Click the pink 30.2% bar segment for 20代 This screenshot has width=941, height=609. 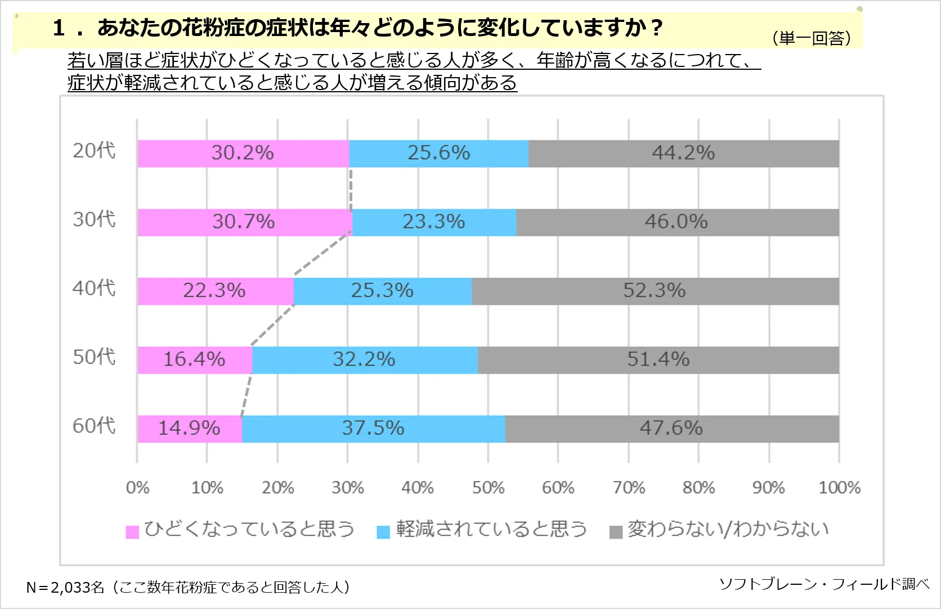(x=243, y=153)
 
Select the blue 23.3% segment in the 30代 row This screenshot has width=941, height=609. (x=434, y=222)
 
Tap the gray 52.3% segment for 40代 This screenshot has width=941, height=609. (x=655, y=291)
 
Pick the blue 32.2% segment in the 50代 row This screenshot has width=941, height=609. (x=364, y=360)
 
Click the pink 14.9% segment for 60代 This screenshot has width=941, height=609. (x=189, y=428)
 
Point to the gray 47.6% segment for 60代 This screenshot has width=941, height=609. (x=671, y=428)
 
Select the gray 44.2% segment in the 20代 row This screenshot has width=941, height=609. (x=683, y=153)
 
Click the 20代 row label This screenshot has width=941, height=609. (x=94, y=151)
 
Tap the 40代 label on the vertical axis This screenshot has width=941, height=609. (x=94, y=288)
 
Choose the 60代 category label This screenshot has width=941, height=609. (x=94, y=426)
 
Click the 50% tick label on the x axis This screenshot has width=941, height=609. (x=488, y=487)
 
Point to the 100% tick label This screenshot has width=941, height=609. (x=839, y=487)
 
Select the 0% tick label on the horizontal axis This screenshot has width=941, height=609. (x=137, y=487)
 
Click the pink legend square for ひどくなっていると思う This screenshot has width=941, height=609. (x=132, y=532)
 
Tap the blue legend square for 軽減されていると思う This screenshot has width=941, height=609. (x=383, y=532)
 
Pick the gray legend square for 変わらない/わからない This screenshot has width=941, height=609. (x=616, y=532)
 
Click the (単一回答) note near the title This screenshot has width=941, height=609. (x=812, y=38)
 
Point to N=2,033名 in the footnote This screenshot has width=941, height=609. (x=65, y=588)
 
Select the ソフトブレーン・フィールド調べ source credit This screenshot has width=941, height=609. (x=824, y=584)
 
